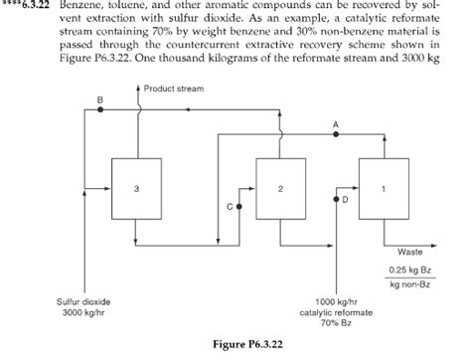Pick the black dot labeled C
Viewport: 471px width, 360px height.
(238, 205)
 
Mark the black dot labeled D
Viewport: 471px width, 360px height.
(336, 199)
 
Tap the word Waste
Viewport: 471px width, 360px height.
(409, 251)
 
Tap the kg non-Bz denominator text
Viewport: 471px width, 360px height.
(409, 284)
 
